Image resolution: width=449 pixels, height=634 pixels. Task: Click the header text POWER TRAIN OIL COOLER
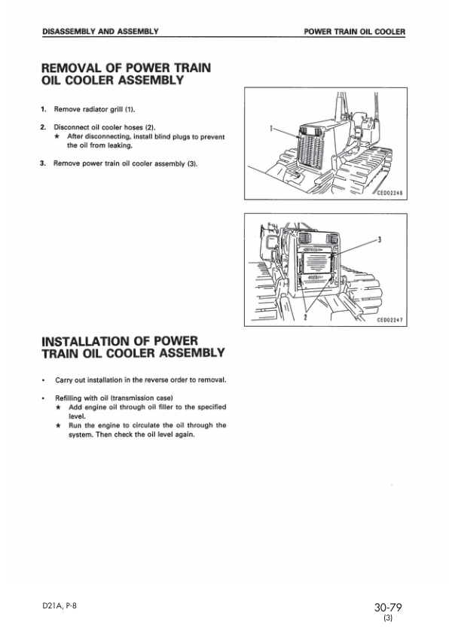click(x=354, y=32)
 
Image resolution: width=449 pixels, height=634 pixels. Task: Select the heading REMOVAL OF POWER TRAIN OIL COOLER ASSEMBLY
click(x=125, y=75)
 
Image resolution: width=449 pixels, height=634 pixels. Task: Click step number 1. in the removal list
click(x=44, y=110)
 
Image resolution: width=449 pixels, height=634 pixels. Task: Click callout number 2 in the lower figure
click(x=304, y=318)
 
